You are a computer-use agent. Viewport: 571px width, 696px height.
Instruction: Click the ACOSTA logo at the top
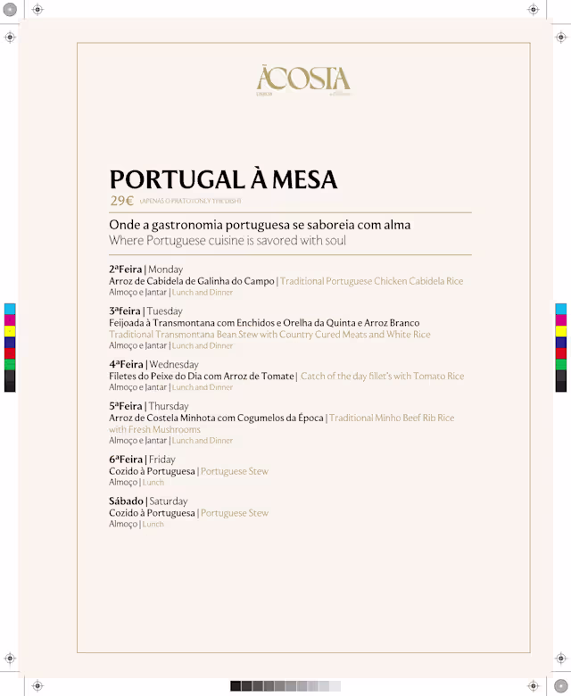pyautogui.click(x=302, y=79)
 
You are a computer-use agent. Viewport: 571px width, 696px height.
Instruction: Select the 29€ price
pyautogui.click(x=121, y=201)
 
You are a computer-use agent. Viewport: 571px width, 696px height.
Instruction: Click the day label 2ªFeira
pyautogui.click(x=126, y=269)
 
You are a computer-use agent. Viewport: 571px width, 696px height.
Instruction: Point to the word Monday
pyautogui.click(x=166, y=269)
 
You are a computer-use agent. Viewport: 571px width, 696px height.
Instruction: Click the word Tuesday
pyautogui.click(x=165, y=311)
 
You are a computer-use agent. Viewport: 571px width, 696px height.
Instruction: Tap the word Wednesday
pyautogui.click(x=174, y=364)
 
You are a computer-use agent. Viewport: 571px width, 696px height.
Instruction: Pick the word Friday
pyautogui.click(x=161, y=460)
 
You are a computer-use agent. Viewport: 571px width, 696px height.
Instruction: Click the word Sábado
pyautogui.click(x=126, y=501)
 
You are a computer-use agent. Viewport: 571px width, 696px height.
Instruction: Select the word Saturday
pyautogui.click(x=169, y=501)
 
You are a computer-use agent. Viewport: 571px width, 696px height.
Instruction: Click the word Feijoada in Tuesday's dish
pyautogui.click(x=129, y=323)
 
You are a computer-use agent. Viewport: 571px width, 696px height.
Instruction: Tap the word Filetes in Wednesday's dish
pyautogui.click(x=124, y=377)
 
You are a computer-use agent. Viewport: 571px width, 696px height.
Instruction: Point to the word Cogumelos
pyautogui.click(x=259, y=418)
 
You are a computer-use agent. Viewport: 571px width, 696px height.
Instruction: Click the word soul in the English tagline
pyautogui.click(x=335, y=241)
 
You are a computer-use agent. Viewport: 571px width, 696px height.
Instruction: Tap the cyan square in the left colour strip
pyautogui.click(x=11, y=309)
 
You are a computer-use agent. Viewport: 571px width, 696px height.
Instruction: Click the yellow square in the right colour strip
pyautogui.click(x=561, y=331)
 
